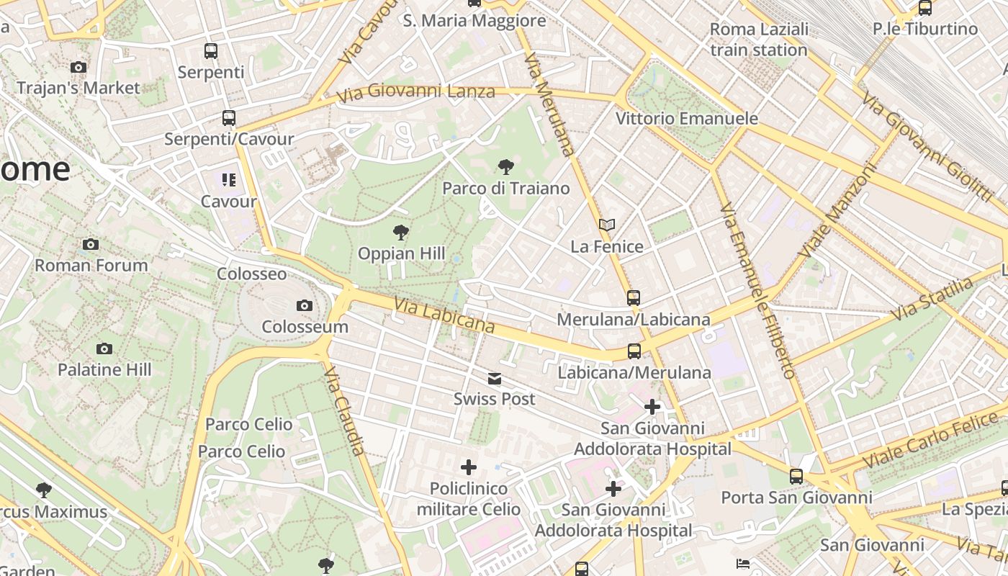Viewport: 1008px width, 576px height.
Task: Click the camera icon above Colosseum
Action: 305,306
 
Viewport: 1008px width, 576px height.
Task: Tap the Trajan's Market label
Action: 78,88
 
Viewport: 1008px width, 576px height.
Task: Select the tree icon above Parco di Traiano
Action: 506,167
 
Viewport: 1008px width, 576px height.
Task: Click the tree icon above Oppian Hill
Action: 401,233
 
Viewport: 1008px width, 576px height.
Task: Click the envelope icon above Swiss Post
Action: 494,379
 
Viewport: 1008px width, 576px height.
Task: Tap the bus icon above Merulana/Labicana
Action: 633,297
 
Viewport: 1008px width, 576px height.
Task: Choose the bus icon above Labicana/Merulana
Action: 634,351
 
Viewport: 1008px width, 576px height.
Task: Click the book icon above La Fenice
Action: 607,225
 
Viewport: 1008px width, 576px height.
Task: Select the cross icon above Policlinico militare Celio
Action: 469,467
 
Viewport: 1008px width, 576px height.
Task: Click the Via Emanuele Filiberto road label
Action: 757,290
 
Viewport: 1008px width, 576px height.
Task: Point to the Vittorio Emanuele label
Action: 687,118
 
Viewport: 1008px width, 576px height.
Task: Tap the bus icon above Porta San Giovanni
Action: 796,477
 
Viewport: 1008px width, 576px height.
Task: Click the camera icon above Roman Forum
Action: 91,244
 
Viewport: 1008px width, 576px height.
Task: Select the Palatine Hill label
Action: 104,370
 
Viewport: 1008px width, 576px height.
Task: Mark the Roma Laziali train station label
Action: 759,40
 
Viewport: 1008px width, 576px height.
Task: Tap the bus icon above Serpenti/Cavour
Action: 228,118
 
